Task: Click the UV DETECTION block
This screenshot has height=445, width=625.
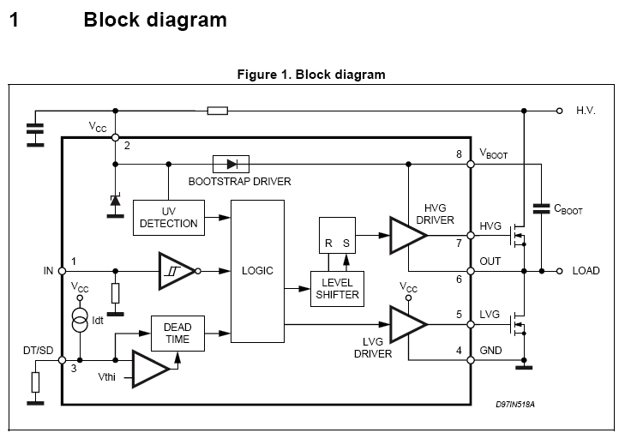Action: click(x=169, y=217)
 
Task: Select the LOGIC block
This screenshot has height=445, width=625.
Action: click(x=257, y=271)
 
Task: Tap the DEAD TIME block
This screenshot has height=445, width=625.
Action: click(x=177, y=334)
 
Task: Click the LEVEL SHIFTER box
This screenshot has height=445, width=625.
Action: click(x=336, y=288)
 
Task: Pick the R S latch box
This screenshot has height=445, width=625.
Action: click(x=335, y=236)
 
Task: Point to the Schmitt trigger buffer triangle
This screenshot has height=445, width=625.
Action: click(x=175, y=271)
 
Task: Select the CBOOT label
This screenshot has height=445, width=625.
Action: click(x=568, y=209)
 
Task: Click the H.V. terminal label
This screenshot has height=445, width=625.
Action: click(x=586, y=111)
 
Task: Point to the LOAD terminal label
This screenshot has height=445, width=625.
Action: click(x=586, y=271)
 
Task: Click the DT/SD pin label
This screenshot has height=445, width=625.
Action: click(x=37, y=350)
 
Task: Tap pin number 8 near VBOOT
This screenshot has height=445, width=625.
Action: click(x=460, y=154)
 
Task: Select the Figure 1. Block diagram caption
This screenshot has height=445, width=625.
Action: click(x=311, y=75)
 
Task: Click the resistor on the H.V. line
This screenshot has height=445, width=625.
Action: click(x=218, y=111)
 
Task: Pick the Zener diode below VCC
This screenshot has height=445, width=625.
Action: click(x=115, y=201)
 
